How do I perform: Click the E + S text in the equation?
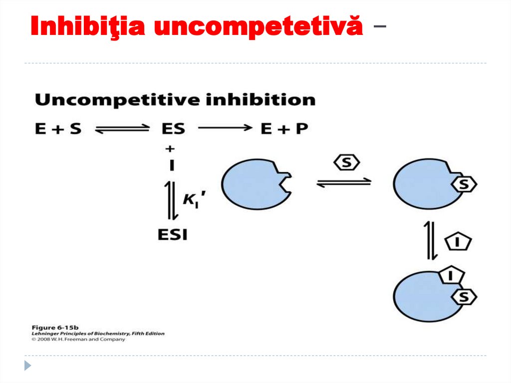[x=58, y=128]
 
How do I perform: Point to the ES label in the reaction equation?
[x=173, y=128]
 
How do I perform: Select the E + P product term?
[x=284, y=128]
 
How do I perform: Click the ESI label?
[x=173, y=234]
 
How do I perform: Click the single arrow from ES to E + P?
[x=225, y=128]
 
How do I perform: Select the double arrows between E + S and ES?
[x=122, y=129]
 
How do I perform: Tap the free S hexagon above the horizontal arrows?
[x=347, y=162]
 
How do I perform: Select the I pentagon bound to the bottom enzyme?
[x=451, y=274]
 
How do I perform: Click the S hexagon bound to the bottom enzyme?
[x=464, y=297]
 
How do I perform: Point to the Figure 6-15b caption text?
[x=49, y=328]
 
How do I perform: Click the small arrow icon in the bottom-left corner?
[x=27, y=365]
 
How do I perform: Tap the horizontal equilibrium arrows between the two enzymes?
[x=344, y=182]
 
